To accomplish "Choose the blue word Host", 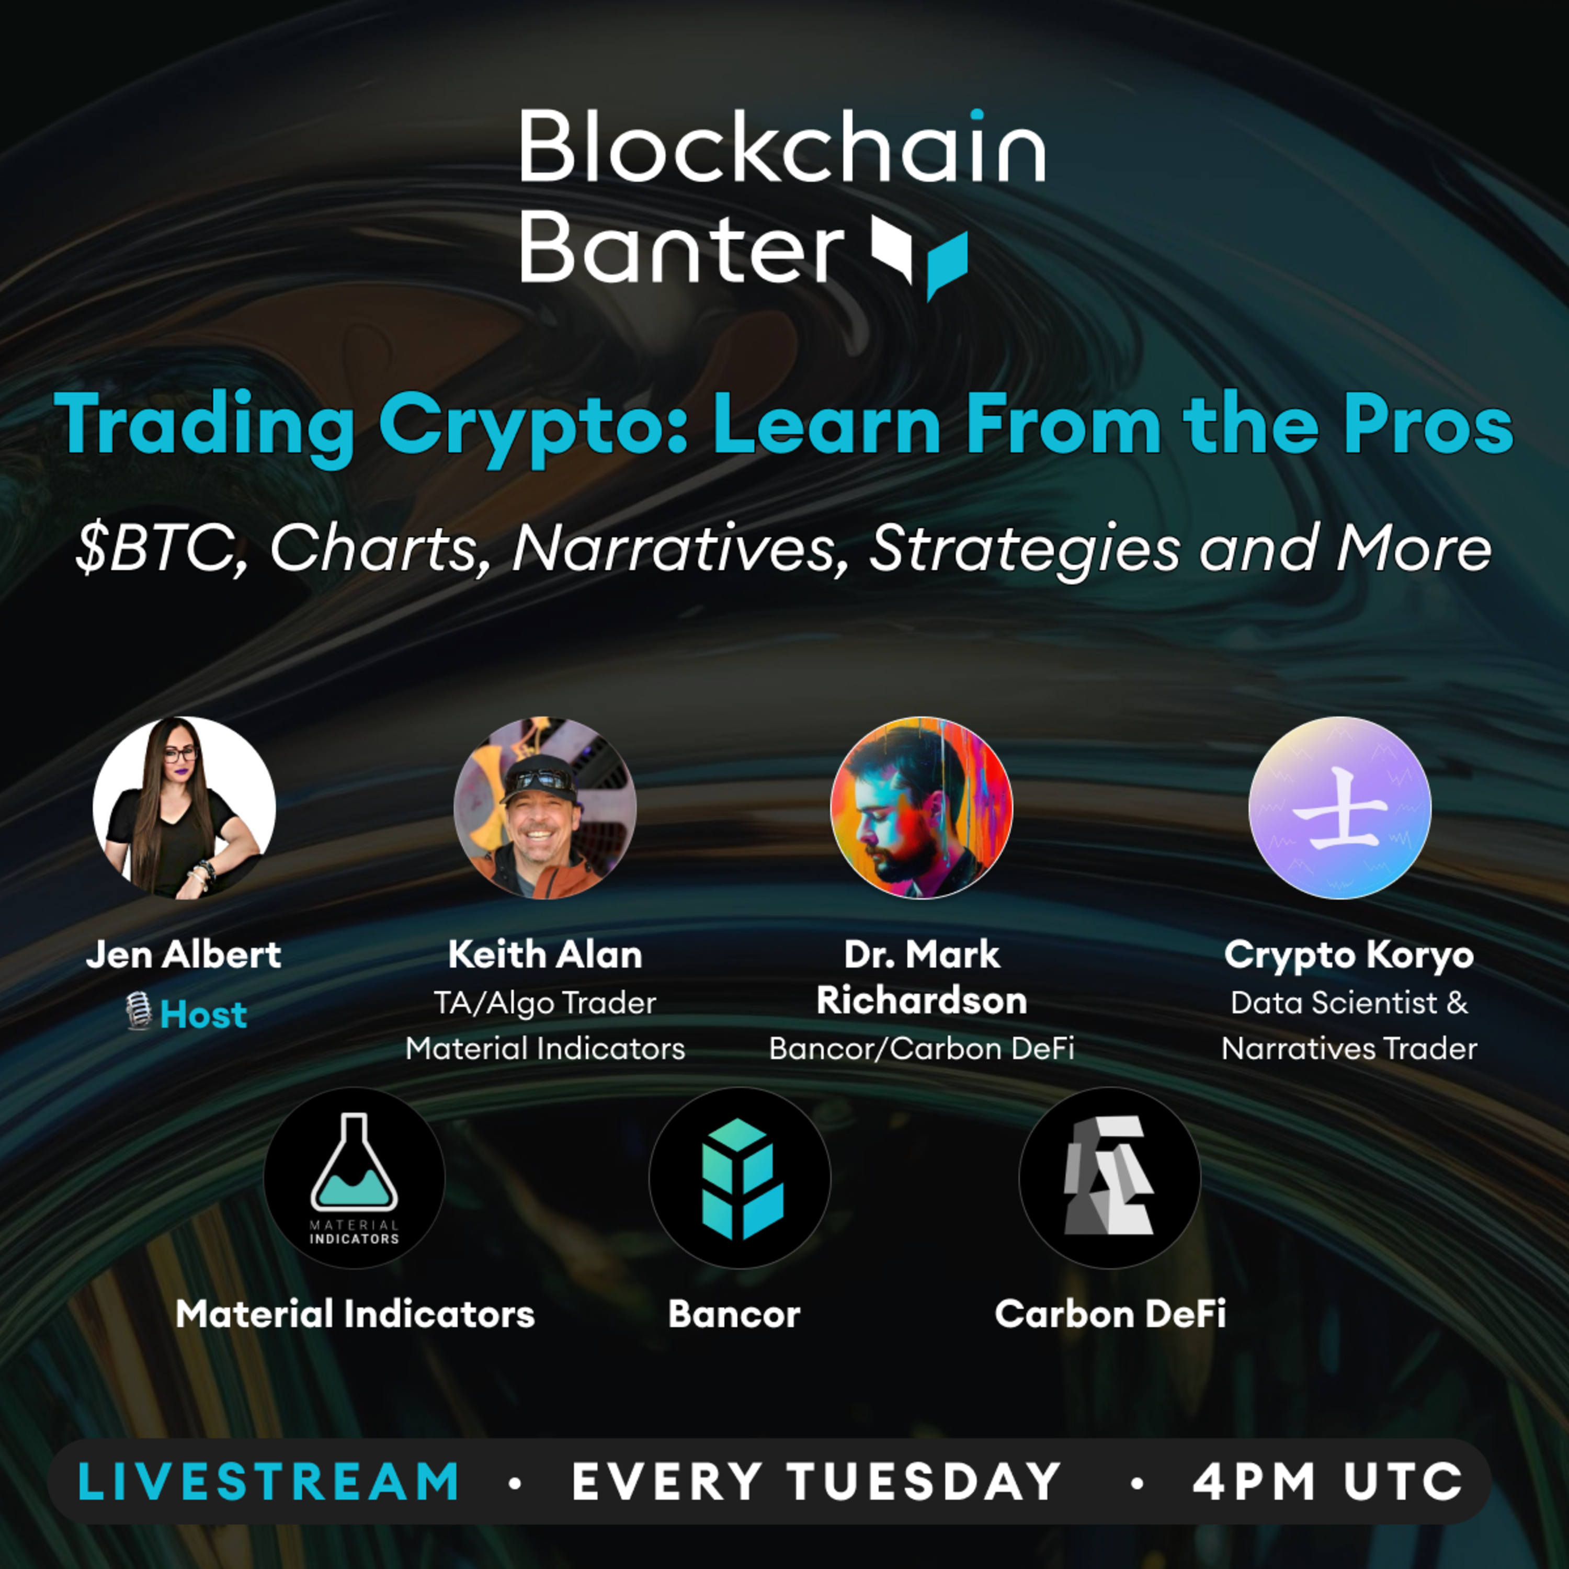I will [x=203, y=1014].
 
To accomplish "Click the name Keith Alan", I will [x=545, y=954].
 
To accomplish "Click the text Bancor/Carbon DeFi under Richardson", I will [x=921, y=1049].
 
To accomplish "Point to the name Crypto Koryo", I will [x=1348, y=954].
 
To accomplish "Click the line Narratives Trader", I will [x=1348, y=1049].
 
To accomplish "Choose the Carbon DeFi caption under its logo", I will [x=1109, y=1314].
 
